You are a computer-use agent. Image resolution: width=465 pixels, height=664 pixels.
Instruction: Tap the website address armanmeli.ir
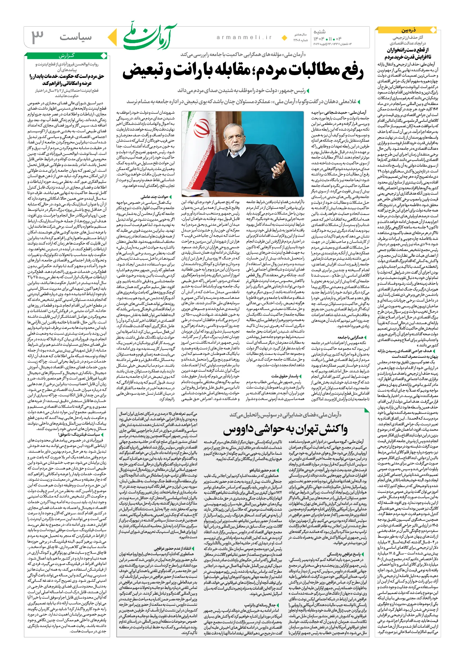click(x=244, y=37)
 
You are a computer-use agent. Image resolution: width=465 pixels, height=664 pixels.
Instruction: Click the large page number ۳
click(x=38, y=37)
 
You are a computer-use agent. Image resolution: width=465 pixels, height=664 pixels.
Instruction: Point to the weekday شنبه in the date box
click(x=319, y=32)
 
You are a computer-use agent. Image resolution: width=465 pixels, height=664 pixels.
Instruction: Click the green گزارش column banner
click(x=66, y=56)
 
